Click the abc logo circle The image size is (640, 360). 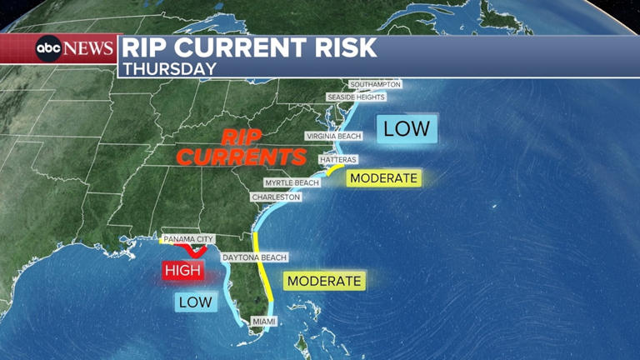point(47,48)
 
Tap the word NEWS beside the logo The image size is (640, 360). point(87,48)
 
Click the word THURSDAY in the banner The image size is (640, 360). point(169,68)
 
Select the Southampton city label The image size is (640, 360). point(375,85)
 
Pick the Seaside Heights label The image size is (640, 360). point(356,97)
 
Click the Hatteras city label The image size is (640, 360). point(337,159)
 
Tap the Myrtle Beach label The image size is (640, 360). point(292,182)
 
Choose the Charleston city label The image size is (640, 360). point(276,197)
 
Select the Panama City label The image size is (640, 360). point(188,239)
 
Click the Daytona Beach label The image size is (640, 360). point(254,258)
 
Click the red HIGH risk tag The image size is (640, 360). point(182,270)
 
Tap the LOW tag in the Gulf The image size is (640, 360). point(195,302)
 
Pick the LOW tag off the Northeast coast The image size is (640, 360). point(407,128)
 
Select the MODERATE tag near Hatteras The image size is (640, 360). point(382,178)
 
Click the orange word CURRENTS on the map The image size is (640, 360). point(241,157)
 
